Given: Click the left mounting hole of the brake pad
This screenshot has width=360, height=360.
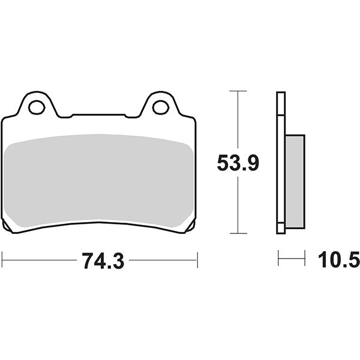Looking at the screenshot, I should [36, 107].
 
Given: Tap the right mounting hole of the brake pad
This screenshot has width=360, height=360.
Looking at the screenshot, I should [160, 107].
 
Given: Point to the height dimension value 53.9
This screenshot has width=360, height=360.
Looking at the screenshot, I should [238, 163].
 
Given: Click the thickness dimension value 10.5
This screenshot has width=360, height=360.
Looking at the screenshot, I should [337, 260].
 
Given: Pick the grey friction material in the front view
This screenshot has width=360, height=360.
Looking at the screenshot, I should [99, 180].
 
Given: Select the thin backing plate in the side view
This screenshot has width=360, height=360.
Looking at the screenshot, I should [280, 162].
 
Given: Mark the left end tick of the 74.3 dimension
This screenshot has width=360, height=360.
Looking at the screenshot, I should [2, 260].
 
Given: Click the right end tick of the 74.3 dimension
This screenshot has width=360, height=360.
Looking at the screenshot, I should [197, 260].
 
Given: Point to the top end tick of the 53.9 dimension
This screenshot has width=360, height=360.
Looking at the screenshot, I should [238, 91].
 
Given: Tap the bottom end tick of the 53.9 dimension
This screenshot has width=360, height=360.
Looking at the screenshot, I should [238, 233].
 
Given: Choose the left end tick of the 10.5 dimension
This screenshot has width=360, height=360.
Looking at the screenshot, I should [278, 260].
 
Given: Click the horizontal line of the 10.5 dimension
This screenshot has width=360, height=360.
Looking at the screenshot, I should [292, 260].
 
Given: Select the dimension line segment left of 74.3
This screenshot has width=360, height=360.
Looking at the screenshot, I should [39, 260].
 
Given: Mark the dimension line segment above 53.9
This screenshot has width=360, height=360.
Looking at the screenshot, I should [238, 120].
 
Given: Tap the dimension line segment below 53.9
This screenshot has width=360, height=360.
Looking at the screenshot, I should [238, 204].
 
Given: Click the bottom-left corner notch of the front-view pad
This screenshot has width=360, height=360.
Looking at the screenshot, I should [7, 226].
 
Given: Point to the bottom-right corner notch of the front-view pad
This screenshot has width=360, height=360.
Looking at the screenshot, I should [191, 226].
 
